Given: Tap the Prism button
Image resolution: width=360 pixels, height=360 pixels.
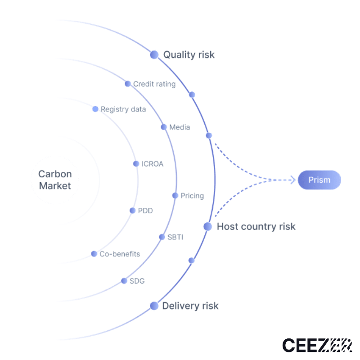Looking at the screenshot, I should pyautogui.click(x=319, y=180).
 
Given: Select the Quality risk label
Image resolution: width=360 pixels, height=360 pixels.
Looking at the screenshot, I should pyautogui.click(x=189, y=55).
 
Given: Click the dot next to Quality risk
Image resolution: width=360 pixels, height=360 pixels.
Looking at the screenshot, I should pyautogui.click(x=154, y=54).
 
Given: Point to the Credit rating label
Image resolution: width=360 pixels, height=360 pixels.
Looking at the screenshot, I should pyautogui.click(x=154, y=84).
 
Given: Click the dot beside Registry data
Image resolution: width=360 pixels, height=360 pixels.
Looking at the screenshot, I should pyautogui.click(x=95, y=109).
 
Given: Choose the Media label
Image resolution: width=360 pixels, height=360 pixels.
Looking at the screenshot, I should pyautogui.click(x=180, y=127).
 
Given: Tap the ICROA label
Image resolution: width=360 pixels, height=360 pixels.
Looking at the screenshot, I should pyautogui.click(x=152, y=164).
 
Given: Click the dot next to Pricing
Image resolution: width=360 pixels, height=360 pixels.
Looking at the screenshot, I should pyautogui.click(x=175, y=195).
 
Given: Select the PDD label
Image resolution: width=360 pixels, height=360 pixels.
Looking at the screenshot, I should pyautogui.click(x=145, y=211).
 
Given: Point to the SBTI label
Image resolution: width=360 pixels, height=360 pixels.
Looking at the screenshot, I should pyautogui.click(x=175, y=237).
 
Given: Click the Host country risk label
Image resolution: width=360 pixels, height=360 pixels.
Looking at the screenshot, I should pyautogui.click(x=256, y=226).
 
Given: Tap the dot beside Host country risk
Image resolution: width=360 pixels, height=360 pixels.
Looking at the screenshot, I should pyautogui.click(x=207, y=226).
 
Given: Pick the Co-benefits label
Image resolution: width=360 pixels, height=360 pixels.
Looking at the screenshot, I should pyautogui.click(x=120, y=254).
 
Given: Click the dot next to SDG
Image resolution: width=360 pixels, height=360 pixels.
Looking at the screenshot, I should pyautogui.click(x=124, y=281).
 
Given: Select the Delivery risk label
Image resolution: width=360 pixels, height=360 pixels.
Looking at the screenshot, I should pyautogui.click(x=190, y=306).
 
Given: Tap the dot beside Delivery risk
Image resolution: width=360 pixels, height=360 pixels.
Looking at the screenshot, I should pyautogui.click(x=154, y=306).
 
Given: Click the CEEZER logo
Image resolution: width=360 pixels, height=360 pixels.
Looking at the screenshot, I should pyautogui.click(x=317, y=345).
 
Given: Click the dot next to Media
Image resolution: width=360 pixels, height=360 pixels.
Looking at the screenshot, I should pyautogui.click(x=164, y=127).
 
